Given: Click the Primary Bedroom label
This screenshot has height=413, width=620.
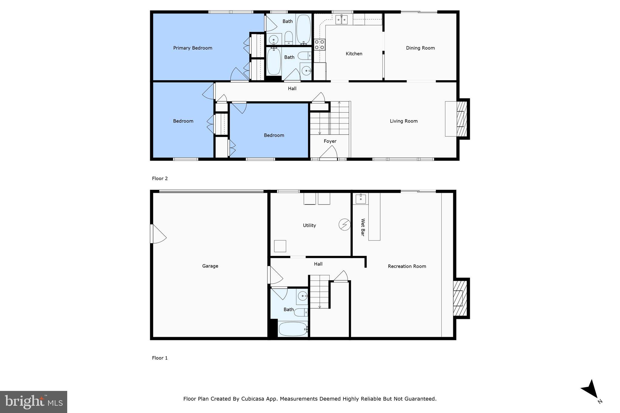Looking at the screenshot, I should (x=193, y=48).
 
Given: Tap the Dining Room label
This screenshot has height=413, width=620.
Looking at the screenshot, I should (x=420, y=48).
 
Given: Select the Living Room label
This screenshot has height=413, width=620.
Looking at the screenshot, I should (x=404, y=121).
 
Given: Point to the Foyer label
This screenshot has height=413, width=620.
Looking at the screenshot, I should (x=330, y=141).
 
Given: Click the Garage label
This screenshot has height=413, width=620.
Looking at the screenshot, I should (x=210, y=266).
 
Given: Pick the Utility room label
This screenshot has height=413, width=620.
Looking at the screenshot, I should (x=309, y=225).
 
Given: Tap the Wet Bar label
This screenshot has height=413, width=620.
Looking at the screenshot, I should (x=363, y=227).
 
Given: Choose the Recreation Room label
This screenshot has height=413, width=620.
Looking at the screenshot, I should (x=407, y=266).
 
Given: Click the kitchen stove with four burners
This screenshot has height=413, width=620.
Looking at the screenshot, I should (x=319, y=44).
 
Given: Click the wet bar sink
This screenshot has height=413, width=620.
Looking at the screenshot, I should (x=361, y=199).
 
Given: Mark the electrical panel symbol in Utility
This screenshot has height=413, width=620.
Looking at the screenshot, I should (x=345, y=225).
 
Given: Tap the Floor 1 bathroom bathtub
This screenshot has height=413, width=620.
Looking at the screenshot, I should (x=293, y=329).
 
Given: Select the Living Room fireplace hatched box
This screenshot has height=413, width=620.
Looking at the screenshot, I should (x=461, y=119).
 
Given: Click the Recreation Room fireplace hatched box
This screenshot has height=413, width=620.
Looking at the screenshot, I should (x=459, y=298).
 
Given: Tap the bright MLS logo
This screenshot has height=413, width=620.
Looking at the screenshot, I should (x=34, y=402).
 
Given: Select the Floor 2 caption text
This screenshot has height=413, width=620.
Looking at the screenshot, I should (x=160, y=179).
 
